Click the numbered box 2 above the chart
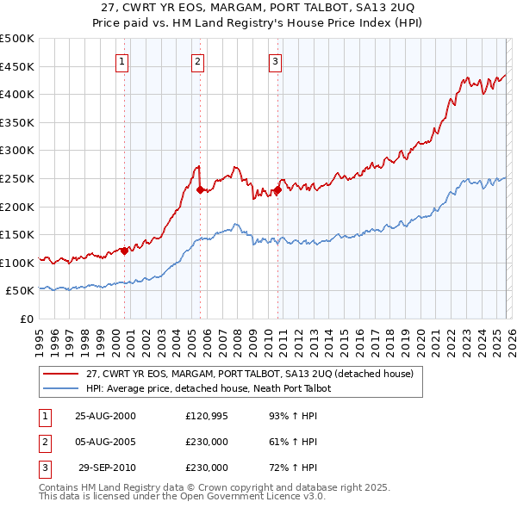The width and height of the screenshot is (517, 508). (198, 61)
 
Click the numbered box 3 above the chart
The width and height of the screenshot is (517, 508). (275, 61)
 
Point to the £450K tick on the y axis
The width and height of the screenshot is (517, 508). (17, 66)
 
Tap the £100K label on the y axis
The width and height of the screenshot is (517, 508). (17, 263)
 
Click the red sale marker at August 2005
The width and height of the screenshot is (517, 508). (200, 190)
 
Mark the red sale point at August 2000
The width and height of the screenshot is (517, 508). (125, 251)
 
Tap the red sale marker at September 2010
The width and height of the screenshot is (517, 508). (278, 190)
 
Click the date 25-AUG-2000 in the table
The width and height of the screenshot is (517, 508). (105, 416)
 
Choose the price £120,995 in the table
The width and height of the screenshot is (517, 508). (207, 416)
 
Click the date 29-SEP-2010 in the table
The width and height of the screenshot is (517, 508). (107, 468)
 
